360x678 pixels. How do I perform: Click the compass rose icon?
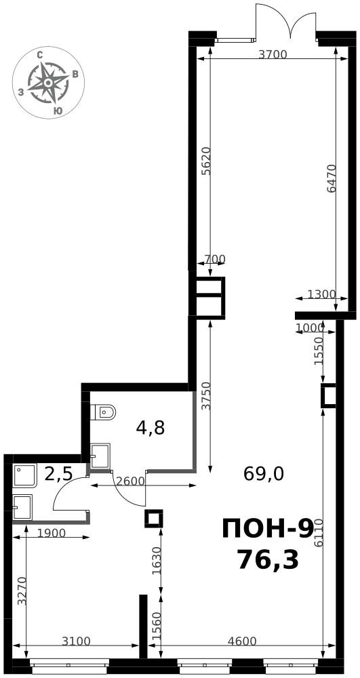click(x=48, y=82)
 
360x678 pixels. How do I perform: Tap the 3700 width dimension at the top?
click(x=273, y=54)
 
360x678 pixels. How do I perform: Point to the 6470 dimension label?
click(x=332, y=178)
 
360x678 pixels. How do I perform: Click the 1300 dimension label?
click(x=321, y=294)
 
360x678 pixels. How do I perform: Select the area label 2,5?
click(x=59, y=474)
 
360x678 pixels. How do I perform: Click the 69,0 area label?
click(x=264, y=475)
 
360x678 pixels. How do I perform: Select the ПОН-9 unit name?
click(x=267, y=530)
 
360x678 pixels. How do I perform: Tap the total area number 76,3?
click(x=268, y=561)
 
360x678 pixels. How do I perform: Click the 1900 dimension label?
click(x=51, y=533)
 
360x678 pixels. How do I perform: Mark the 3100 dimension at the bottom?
click(x=76, y=641)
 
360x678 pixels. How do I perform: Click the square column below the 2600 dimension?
click(x=153, y=518)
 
